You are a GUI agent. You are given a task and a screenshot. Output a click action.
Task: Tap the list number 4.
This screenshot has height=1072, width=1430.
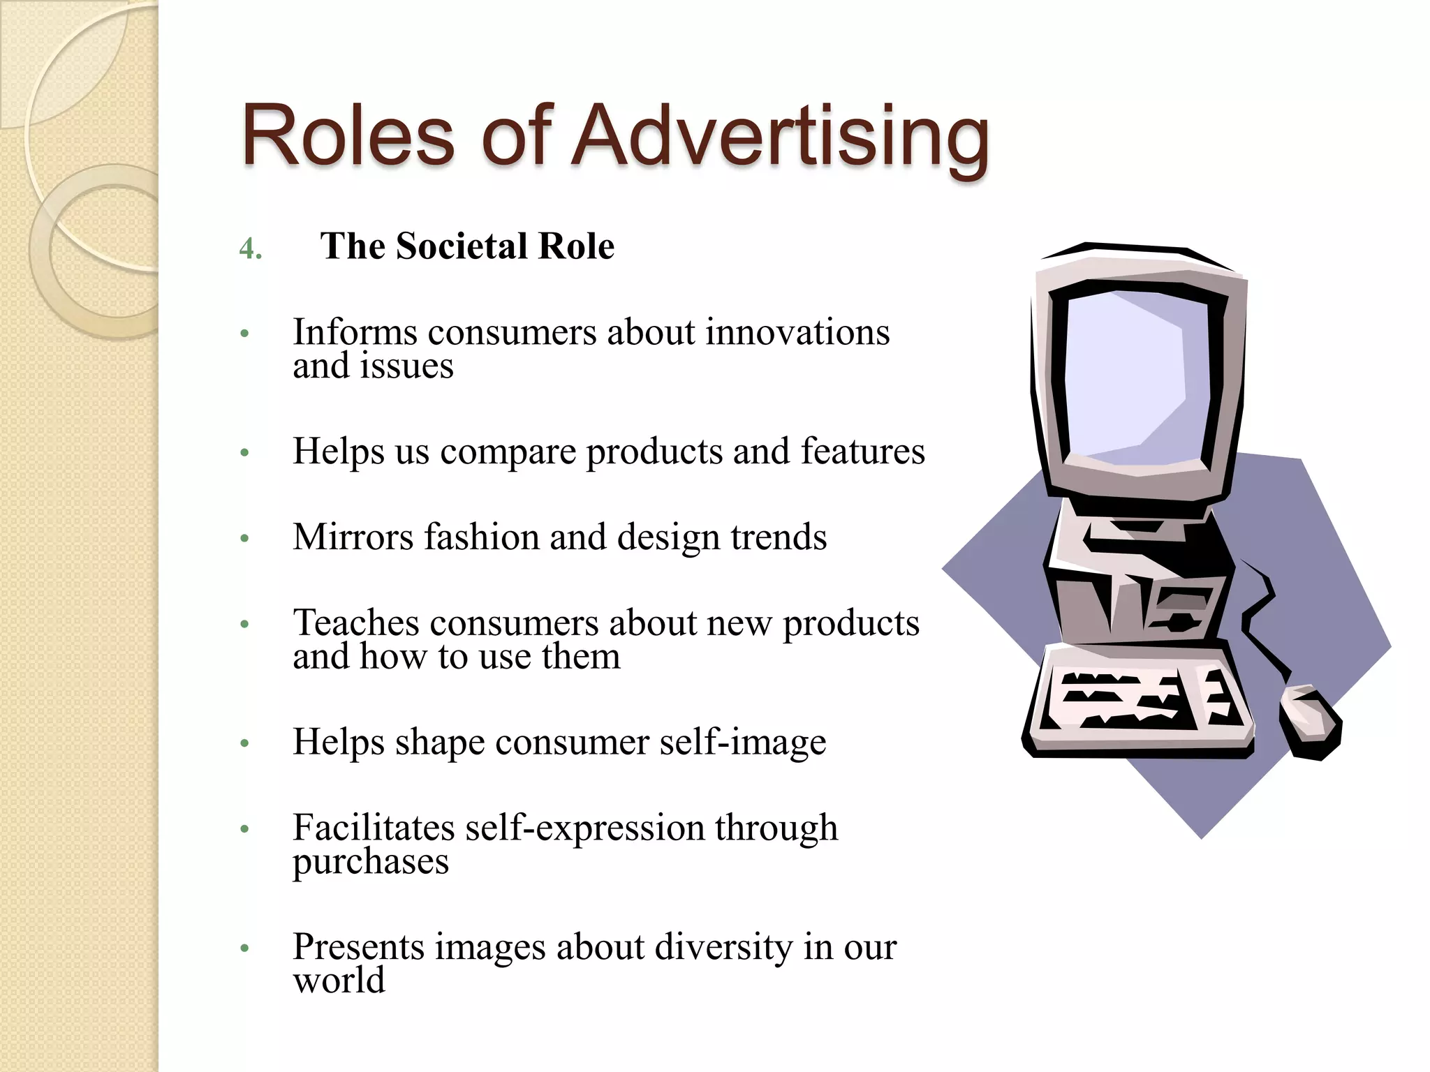(250, 248)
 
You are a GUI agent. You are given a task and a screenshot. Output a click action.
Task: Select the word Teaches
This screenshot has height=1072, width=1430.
(355, 623)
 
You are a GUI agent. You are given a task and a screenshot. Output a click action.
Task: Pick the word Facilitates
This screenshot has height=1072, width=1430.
(373, 828)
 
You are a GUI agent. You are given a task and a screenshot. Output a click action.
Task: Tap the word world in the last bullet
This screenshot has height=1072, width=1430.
(339, 981)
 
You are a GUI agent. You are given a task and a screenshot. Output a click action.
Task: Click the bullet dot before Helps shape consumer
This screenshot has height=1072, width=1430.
(244, 743)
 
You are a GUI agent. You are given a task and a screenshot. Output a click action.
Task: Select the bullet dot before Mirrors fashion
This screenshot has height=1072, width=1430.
(244, 539)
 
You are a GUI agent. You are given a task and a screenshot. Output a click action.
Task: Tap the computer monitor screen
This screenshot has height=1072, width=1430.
(1135, 377)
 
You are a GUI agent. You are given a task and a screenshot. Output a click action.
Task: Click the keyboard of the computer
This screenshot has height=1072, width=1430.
(1138, 701)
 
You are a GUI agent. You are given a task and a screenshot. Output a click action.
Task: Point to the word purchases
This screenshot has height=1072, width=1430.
(370, 863)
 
